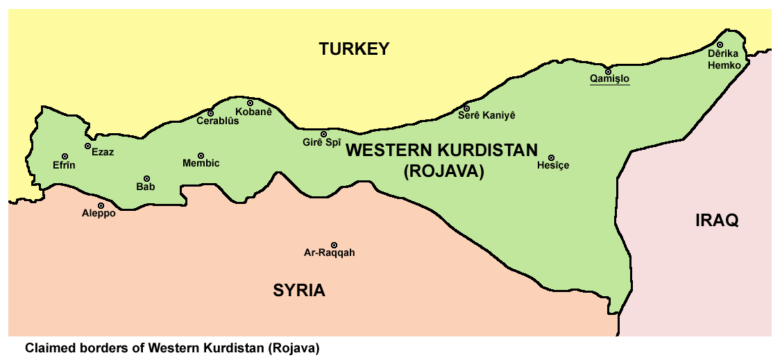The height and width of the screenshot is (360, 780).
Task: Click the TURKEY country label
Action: [354, 49]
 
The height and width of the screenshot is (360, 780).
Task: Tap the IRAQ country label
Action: [717, 221]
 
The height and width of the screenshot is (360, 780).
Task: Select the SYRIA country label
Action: [298, 290]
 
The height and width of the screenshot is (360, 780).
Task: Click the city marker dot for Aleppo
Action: [101, 205]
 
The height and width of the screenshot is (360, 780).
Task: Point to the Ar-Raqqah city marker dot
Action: [334, 245]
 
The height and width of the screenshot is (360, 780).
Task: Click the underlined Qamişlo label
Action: [609, 79]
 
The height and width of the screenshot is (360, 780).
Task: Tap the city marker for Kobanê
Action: [251, 103]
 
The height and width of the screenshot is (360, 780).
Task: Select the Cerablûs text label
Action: [218, 121]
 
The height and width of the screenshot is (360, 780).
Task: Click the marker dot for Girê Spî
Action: [323, 134]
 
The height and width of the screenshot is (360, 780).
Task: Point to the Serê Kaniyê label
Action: [486, 116]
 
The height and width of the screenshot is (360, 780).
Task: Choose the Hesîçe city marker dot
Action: [552, 157]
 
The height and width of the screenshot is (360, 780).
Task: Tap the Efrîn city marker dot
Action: [65, 157]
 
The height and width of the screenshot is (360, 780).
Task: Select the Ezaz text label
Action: [103, 152]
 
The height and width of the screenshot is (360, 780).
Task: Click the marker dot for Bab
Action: [146, 178]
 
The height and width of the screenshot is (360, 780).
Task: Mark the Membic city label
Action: [201, 164]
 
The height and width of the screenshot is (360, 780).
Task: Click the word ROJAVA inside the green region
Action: [443, 171]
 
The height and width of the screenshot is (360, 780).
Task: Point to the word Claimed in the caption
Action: [49, 347]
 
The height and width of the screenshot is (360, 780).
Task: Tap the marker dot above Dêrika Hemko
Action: [720, 44]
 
